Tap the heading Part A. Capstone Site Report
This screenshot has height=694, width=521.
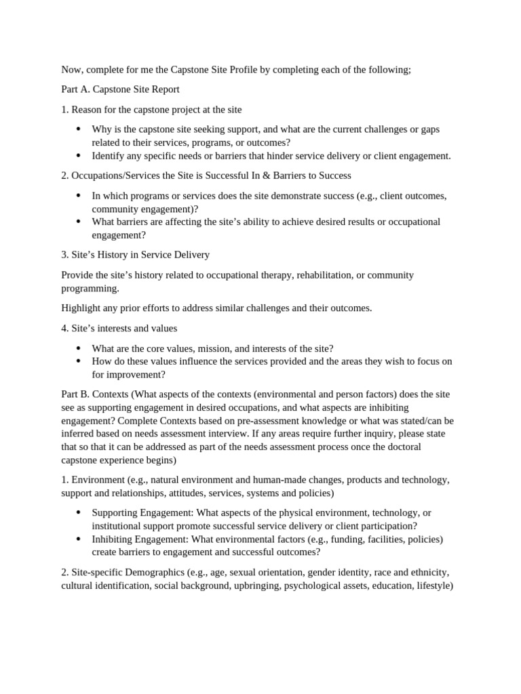tap(120, 89)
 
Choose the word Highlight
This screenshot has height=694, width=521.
tap(82, 308)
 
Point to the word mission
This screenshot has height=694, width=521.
tap(229, 348)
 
